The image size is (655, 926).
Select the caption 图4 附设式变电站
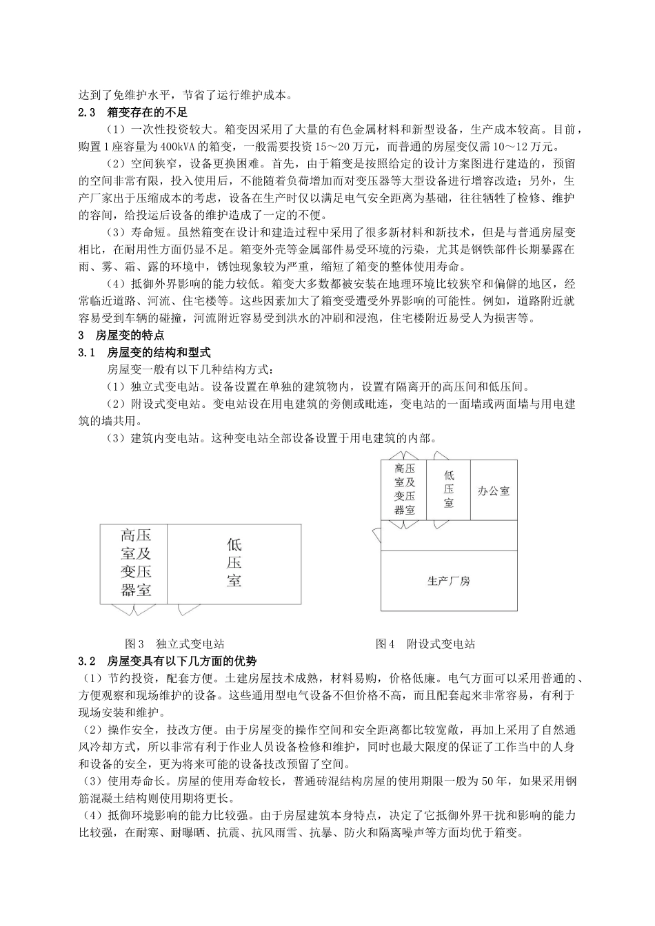(425, 644)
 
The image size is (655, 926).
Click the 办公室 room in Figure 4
(494, 491)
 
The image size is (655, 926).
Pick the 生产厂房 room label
(449, 581)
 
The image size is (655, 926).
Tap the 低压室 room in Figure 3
(234, 563)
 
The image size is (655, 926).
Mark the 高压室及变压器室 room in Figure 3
(135, 563)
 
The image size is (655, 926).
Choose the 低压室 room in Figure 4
(449, 489)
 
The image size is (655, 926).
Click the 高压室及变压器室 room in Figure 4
(404, 489)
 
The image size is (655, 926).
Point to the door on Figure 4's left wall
(376, 535)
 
